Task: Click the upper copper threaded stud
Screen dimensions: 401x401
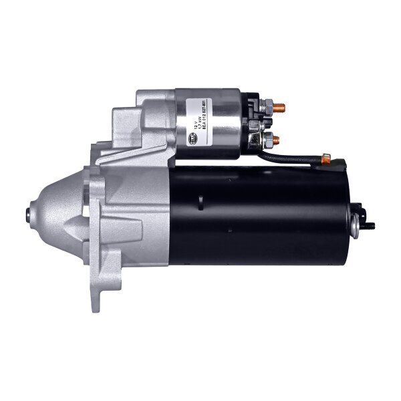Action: pos(281,107)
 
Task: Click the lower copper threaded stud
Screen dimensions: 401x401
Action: pos(277,140)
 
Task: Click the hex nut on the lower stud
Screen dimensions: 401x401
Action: pos(266,140)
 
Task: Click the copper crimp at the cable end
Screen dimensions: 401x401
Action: pos(325,158)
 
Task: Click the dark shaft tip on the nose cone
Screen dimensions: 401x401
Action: pos(29,213)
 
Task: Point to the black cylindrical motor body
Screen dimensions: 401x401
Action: pos(261,214)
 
